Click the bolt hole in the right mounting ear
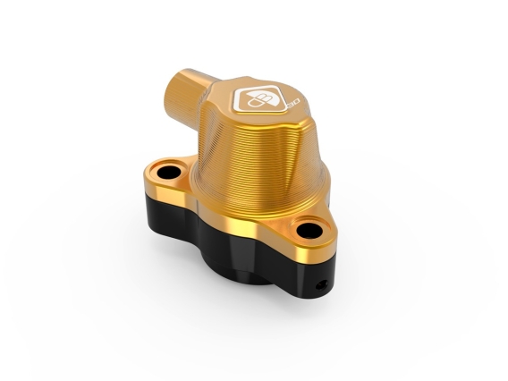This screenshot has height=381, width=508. (x=309, y=229)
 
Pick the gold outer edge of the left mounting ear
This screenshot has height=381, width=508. (x=148, y=179)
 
